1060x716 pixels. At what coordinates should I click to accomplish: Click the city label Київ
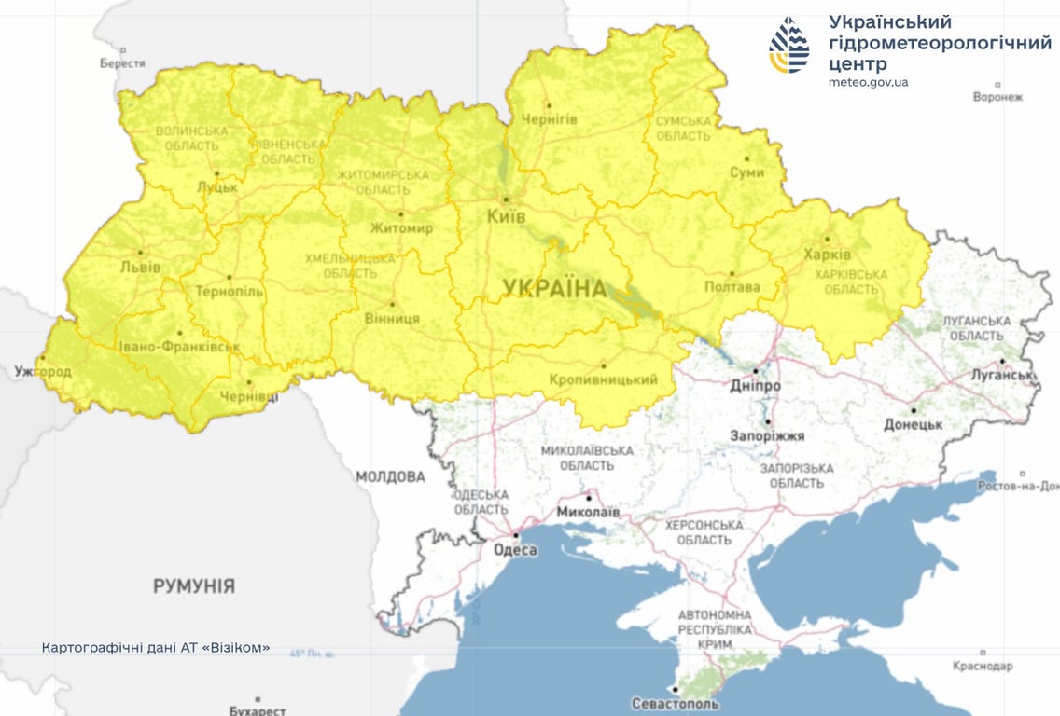[506, 216]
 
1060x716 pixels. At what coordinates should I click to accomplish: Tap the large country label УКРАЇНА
[554, 289]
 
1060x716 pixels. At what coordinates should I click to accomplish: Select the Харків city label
[827, 255]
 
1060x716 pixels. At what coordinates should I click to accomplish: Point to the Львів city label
[140, 268]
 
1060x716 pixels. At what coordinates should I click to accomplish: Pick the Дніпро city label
[756, 385]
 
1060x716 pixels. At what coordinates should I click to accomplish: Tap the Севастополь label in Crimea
[675, 703]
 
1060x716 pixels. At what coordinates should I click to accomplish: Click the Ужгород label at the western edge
[42, 371]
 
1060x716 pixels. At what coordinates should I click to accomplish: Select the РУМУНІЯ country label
[194, 586]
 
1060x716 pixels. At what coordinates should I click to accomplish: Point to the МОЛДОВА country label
[389, 476]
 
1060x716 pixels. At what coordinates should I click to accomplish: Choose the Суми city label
[746, 172]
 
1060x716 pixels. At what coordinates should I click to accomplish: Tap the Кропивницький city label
[603, 379]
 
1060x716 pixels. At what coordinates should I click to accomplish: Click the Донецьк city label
[914, 424]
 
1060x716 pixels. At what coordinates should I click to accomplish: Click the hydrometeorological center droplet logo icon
[789, 45]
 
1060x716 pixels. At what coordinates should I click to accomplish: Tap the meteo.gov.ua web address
[867, 82]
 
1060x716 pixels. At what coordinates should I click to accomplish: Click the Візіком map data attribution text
[156, 647]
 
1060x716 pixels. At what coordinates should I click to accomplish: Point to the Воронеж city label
[997, 97]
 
